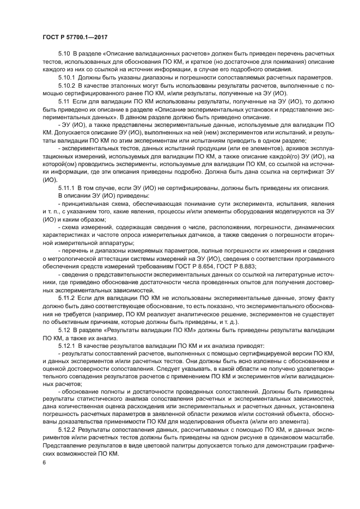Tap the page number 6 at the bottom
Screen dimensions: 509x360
click(x=44, y=462)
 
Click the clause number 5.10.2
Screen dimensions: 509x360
click(x=67, y=85)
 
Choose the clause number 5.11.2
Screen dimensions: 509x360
click(x=67, y=299)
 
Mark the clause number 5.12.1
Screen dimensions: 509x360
click(x=67, y=345)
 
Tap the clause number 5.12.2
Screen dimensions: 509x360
click(x=67, y=430)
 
